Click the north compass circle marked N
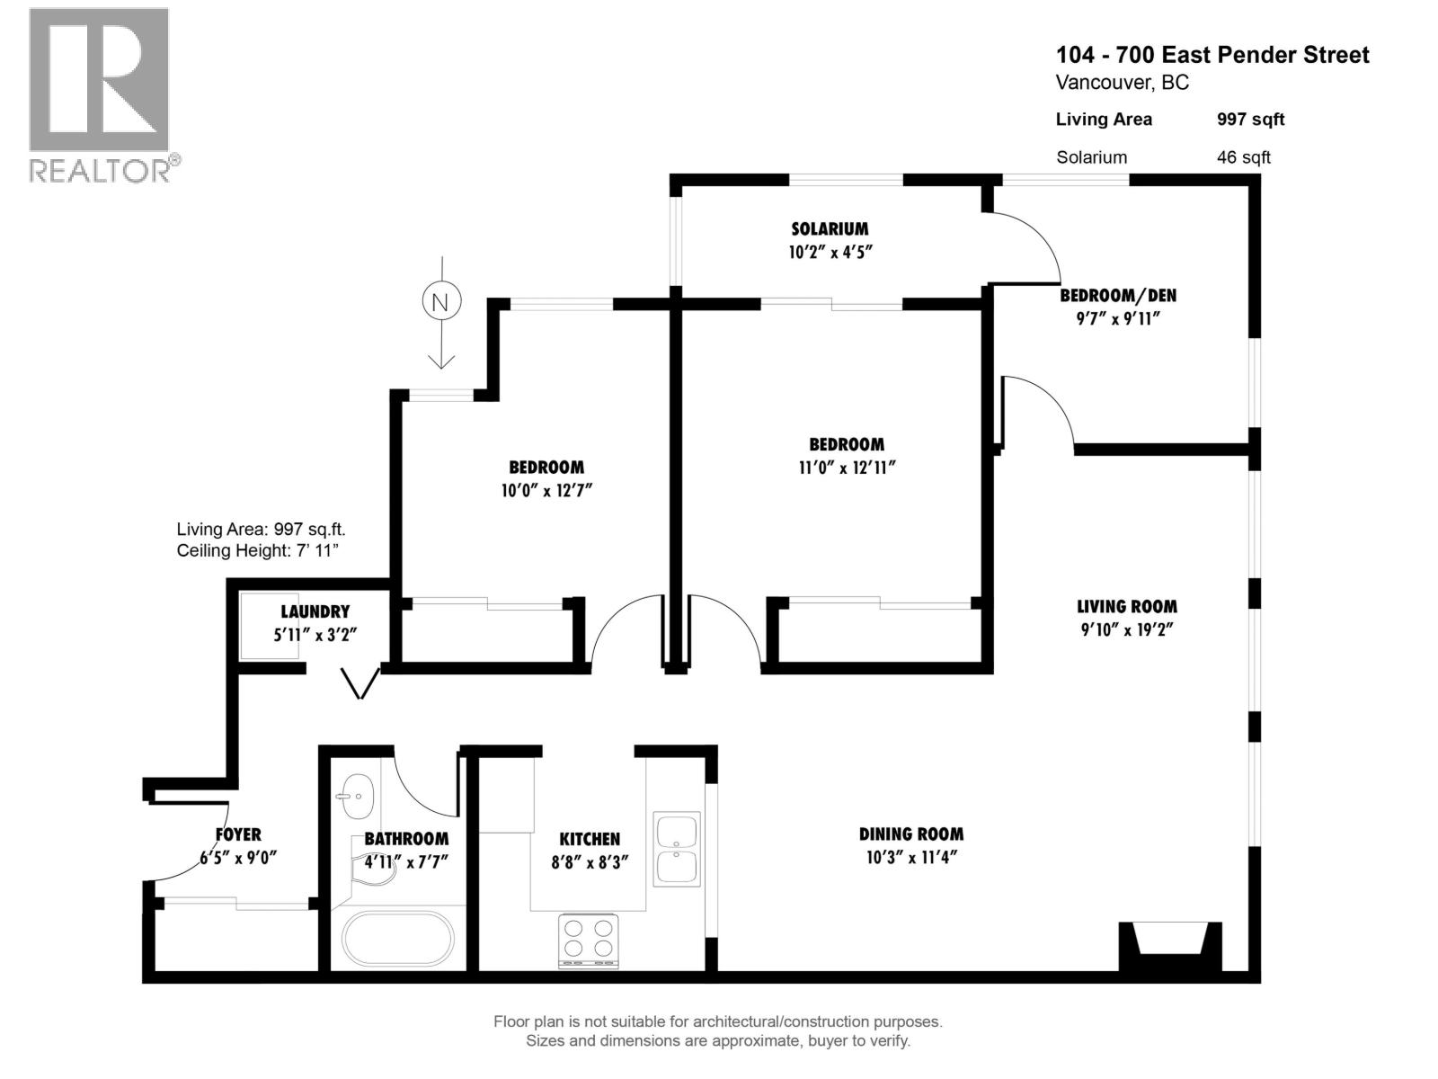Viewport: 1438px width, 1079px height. pyautogui.click(x=440, y=302)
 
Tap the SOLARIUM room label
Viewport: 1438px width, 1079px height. pyautogui.click(x=830, y=228)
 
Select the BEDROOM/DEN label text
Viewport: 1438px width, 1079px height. pyautogui.click(x=1117, y=295)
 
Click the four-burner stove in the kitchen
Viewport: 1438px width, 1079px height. pyautogui.click(x=589, y=940)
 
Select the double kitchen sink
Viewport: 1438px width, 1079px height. pyautogui.click(x=676, y=849)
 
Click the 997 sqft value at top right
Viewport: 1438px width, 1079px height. pyautogui.click(x=1250, y=120)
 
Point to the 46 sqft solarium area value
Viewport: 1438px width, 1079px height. pyautogui.click(x=1243, y=157)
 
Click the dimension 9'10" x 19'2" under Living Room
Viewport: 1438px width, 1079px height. pyautogui.click(x=1127, y=629)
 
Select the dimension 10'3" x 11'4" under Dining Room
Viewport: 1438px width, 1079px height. pyautogui.click(x=910, y=857)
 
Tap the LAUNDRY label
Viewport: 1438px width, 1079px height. pyautogui.click(x=315, y=611)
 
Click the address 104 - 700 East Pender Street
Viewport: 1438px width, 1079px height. pyautogui.click(x=1212, y=55)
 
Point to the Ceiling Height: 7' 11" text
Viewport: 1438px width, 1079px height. pyautogui.click(x=257, y=550)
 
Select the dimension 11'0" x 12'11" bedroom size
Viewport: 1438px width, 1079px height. pyautogui.click(x=846, y=468)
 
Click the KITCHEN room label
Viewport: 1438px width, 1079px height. pyautogui.click(x=590, y=839)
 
